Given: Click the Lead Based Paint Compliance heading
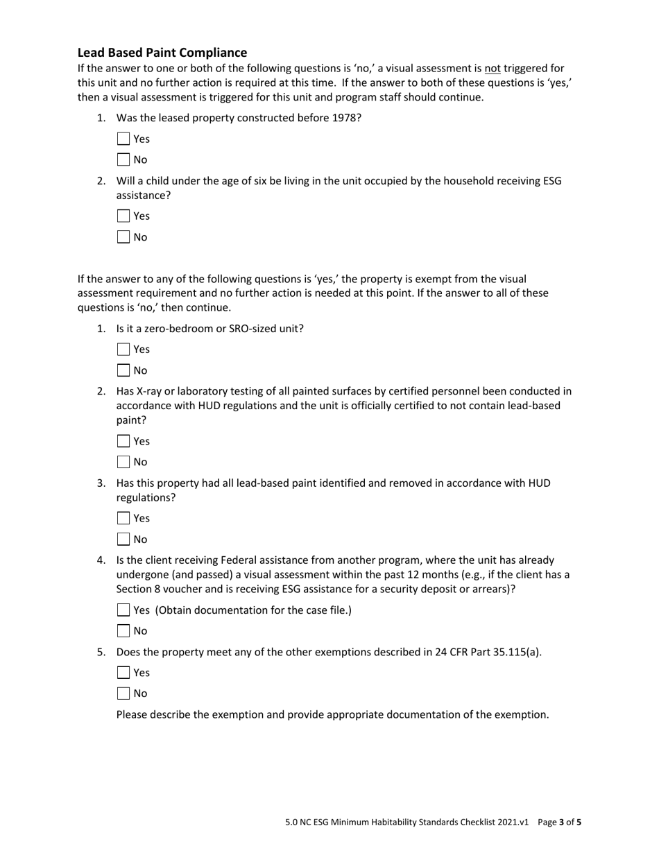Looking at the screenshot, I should tap(162, 53).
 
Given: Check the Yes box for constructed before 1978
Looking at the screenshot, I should tap(123, 139).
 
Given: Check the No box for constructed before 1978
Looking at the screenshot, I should tap(123, 160).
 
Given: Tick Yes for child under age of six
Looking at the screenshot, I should tap(123, 216).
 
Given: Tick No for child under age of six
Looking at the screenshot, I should tap(123, 237).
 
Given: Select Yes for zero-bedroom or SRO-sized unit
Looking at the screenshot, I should tap(123, 350).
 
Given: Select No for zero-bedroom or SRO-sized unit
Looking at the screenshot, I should tap(123, 370).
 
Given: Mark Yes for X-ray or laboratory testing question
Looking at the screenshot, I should tap(123, 441).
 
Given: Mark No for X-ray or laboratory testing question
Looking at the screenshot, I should tap(123, 462).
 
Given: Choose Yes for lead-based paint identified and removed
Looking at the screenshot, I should tap(123, 518).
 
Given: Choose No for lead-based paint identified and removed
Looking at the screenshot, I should tap(123, 540).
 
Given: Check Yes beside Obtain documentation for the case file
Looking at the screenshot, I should tap(123, 610).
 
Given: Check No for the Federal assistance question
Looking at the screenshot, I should tap(123, 631).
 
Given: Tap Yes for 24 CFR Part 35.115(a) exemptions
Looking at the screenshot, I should tap(123, 673).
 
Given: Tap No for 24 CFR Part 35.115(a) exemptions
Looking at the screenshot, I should tap(123, 693).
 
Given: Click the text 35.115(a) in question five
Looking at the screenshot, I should tap(514, 652).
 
